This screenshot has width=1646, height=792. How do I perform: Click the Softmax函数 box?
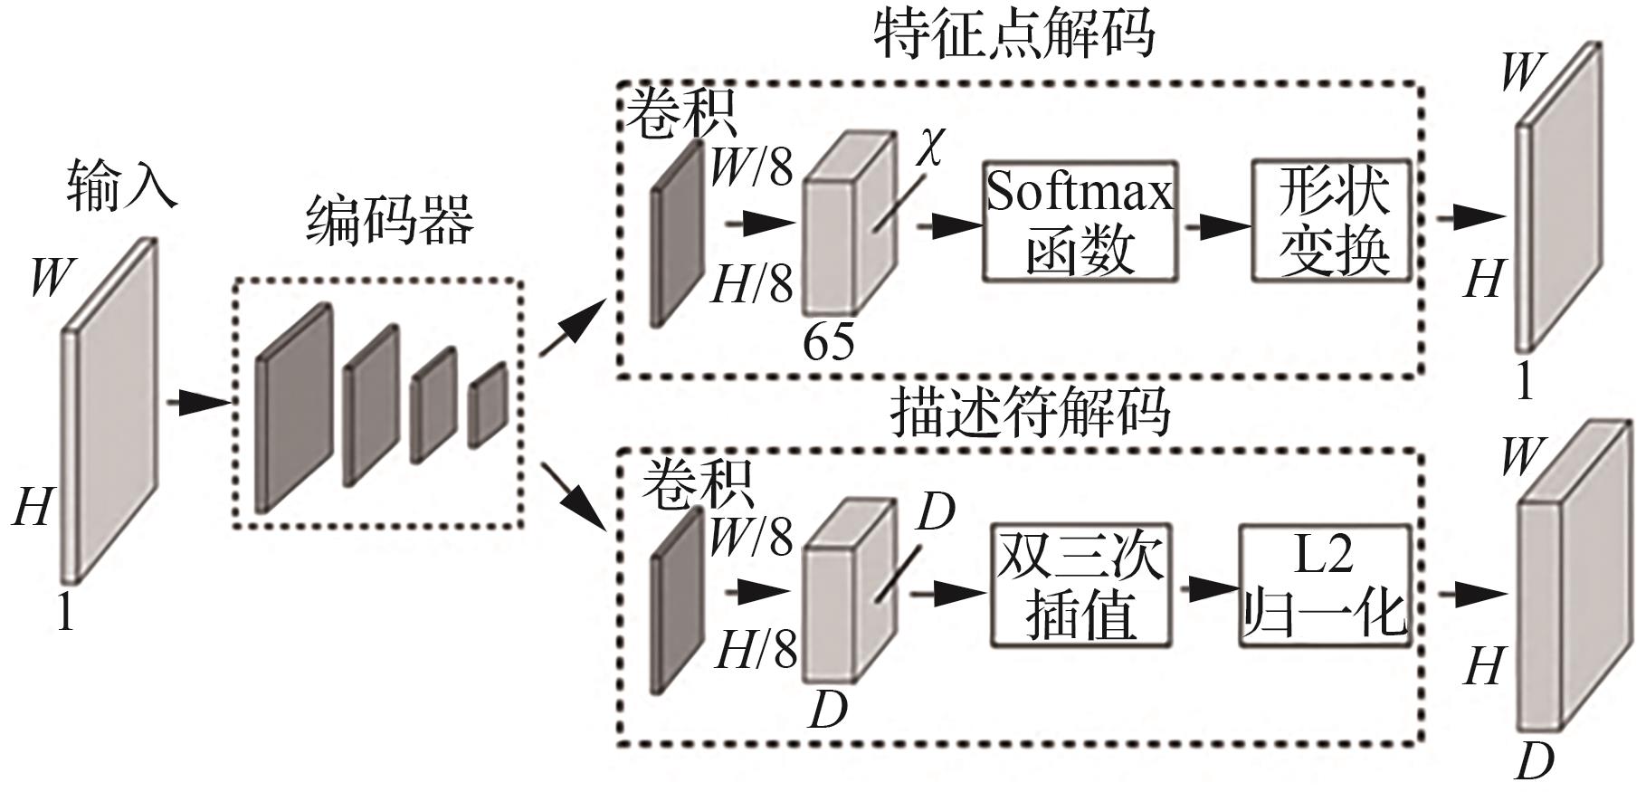pos(1080,222)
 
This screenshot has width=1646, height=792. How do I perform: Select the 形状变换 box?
pos(1332,221)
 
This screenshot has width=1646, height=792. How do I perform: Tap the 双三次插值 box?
pos(1080,585)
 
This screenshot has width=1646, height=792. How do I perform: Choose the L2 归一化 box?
pos(1324,585)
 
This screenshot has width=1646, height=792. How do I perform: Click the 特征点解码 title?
pos(1013,34)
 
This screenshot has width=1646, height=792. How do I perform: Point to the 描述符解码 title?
pos(1030,413)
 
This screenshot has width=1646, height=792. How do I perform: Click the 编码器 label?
pos(389,221)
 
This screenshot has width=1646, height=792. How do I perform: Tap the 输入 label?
pos(120,186)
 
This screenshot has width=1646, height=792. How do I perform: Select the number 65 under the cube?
pos(828,342)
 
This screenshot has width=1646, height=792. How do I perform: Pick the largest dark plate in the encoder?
pos(293,407)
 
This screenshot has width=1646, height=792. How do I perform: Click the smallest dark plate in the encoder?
pos(489,404)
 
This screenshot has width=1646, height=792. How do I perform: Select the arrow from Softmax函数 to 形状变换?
pos(1214,224)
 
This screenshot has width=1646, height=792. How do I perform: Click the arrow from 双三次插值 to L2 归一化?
pos(1205,589)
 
